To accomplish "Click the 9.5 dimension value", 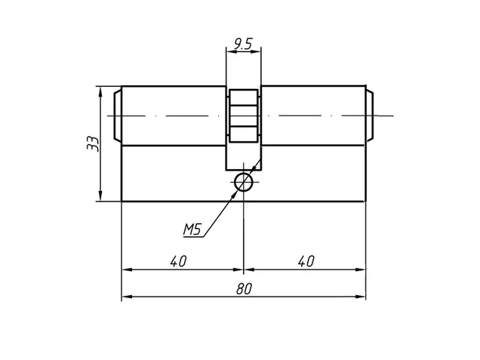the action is point(243,44).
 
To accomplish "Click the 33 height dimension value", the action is point(93,143).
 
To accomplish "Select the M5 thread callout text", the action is point(192,229).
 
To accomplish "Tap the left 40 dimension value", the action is point(178,261).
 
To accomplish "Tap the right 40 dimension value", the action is point(306,261).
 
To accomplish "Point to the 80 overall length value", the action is point(244,288).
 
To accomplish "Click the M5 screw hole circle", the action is point(244,182).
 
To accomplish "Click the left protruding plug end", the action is point(118,115).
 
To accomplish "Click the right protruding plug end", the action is point(370,115).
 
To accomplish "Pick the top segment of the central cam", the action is point(244,97).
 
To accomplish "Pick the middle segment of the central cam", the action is point(244,116).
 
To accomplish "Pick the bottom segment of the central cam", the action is point(244,134).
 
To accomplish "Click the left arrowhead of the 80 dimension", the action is point(127,297).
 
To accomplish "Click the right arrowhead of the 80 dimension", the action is point(361,297).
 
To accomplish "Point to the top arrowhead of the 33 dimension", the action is point(100,92).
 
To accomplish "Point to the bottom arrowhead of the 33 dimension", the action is point(100,196).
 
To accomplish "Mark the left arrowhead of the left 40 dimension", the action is point(127,269).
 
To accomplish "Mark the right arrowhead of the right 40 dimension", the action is point(361,269).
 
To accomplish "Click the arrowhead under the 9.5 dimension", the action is point(256,51).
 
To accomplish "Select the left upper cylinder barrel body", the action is point(174,115).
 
